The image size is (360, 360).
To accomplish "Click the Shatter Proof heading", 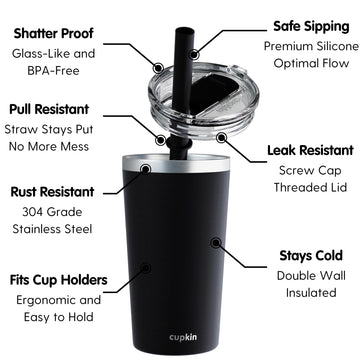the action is tap(53, 34).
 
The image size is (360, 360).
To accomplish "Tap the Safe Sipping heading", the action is tap(311, 26).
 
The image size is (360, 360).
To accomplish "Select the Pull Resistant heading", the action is tap(49, 109).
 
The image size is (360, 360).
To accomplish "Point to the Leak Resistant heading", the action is tap(310, 150).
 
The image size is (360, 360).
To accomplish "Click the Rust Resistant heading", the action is tap(52, 192).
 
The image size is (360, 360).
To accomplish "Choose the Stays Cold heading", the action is tap(311, 256).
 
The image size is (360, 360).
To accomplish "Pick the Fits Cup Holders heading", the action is tap(59, 280).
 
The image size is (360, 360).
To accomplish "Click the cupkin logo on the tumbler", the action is tap(183, 337).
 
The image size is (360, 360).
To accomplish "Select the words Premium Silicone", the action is tap(311, 46).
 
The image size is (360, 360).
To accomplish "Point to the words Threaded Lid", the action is tap(310, 187).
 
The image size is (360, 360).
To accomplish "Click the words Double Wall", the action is tap(311, 276).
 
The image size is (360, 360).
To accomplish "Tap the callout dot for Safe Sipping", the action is tap(194, 54).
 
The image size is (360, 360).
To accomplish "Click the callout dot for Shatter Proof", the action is tap(158, 67).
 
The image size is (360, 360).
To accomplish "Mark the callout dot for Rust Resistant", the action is tap(145, 169).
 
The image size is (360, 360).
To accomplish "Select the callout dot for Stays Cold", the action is tap(216, 243).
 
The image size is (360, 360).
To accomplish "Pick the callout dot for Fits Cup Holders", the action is tap(146, 268).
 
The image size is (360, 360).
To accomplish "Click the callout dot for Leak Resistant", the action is tap(221, 137).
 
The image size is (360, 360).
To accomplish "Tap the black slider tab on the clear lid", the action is tap(213, 93).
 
